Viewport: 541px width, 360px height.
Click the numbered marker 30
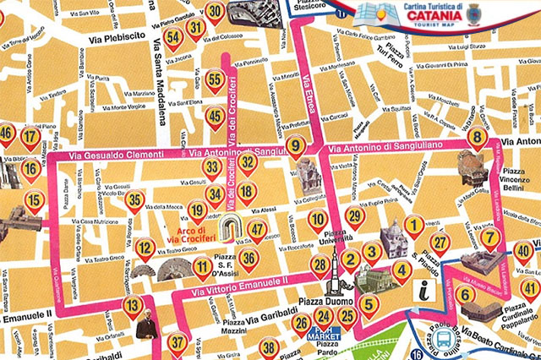point(215,12)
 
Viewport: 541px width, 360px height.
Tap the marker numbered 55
point(215,81)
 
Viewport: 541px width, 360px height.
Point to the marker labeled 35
point(134,201)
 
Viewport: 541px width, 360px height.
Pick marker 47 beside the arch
point(256,229)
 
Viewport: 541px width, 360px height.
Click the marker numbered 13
point(133,306)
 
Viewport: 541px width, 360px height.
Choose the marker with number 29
point(355,216)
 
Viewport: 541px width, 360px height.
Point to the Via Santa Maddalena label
point(160,74)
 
